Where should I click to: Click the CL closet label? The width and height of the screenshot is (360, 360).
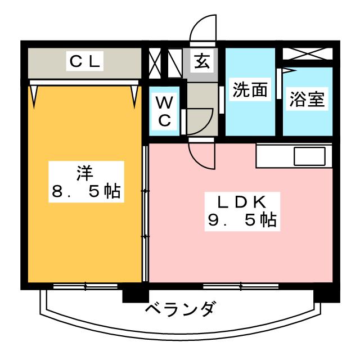(x=85, y=61)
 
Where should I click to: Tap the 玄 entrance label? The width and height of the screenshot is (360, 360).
(x=202, y=61)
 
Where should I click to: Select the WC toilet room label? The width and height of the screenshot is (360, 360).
(x=164, y=111)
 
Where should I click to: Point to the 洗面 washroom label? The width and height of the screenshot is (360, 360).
(x=250, y=89)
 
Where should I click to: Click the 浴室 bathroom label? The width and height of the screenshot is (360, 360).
(x=307, y=99)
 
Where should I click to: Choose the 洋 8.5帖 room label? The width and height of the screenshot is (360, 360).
(x=86, y=181)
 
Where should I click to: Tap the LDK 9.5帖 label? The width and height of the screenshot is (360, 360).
(x=242, y=211)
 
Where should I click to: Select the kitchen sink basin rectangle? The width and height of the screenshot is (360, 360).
(x=309, y=156)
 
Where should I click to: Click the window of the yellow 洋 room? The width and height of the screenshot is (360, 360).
(x=85, y=286)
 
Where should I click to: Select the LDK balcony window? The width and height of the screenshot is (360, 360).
(x=241, y=286)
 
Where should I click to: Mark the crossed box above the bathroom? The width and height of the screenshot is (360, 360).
(x=308, y=54)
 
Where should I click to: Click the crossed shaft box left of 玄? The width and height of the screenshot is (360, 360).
(x=155, y=63)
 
